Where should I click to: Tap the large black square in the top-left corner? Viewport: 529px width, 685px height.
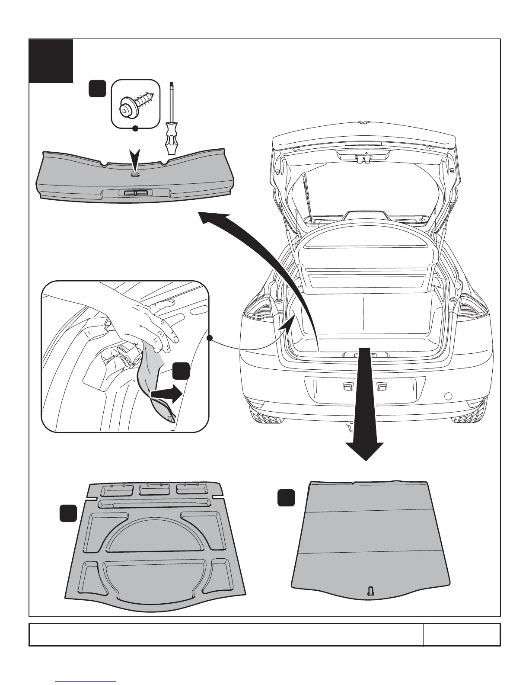tap(51, 61)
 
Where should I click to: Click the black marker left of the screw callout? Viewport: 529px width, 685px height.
tap(97, 89)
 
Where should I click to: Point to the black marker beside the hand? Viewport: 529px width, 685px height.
tap(181, 371)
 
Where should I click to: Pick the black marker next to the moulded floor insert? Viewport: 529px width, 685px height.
tap(68, 513)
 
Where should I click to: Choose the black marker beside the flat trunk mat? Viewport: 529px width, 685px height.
tap(286, 498)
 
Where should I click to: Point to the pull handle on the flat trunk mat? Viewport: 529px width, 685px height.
tap(370, 591)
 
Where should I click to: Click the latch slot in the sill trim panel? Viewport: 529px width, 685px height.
tap(135, 193)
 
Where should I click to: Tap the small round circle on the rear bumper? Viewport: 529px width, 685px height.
tap(448, 395)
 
